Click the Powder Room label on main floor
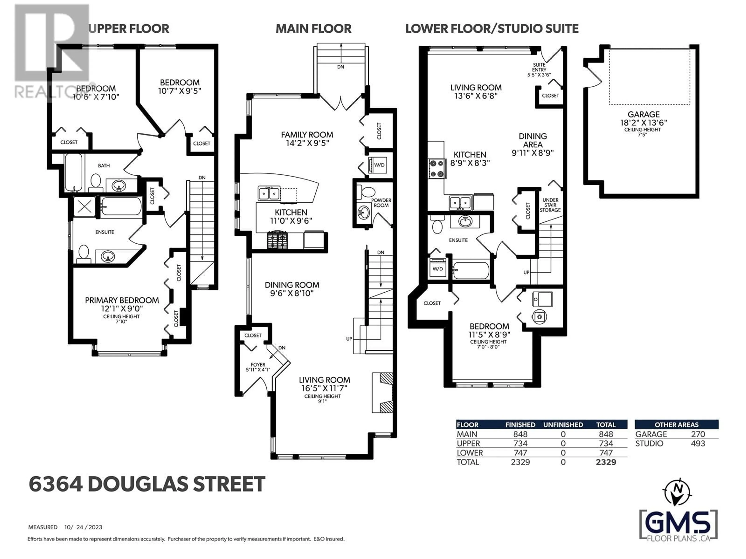click(381, 202)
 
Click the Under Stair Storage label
click(550, 205)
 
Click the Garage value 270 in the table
click(698, 434)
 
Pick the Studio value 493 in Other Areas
click(698, 444)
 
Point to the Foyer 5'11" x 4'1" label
click(258, 367)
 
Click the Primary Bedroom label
click(122, 300)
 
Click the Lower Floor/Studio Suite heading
click(492, 29)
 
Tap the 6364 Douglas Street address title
click(147, 484)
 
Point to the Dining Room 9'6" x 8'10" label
click(292, 289)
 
